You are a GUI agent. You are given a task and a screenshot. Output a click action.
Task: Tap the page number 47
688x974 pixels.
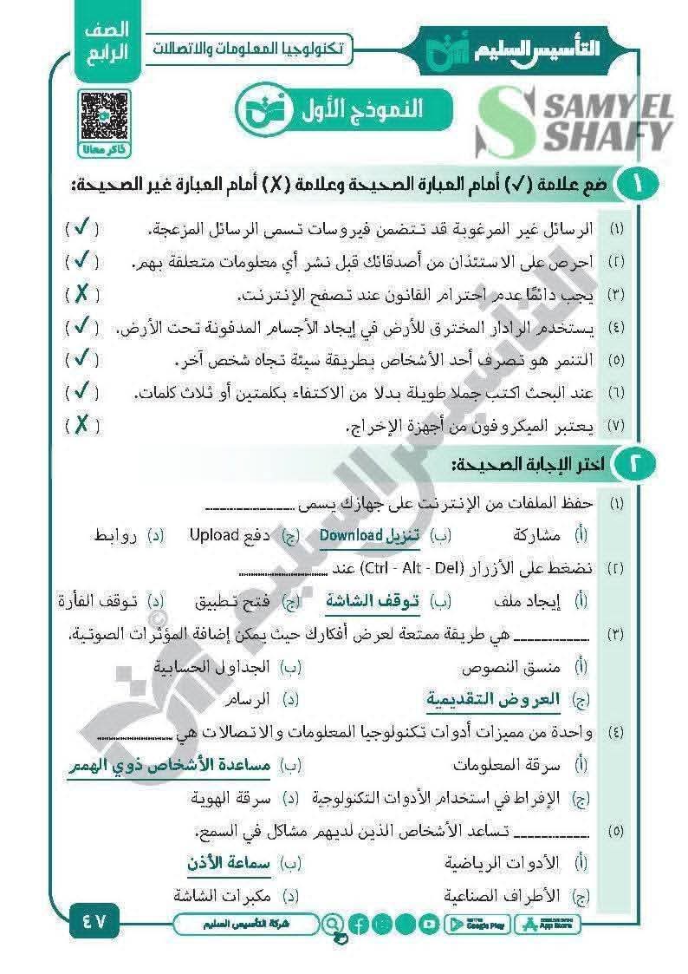pos(94,922)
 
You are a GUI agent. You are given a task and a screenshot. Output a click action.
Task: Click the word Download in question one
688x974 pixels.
pos(351,534)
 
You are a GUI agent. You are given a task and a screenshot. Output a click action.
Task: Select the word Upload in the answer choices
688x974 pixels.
pos(213,534)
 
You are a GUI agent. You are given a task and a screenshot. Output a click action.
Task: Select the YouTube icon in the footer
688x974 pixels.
pos(428,925)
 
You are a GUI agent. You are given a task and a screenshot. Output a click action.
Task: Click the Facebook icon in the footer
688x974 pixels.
pos(360,925)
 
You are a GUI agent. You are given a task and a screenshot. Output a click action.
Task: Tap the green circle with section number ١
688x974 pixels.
pos(639,186)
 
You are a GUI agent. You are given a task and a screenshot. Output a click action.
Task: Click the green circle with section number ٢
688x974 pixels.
pos(639,464)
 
